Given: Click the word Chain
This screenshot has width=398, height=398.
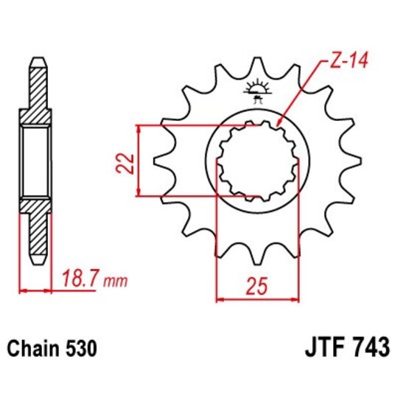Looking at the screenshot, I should point(35,346).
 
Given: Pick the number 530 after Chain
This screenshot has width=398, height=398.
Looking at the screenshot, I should point(81,346).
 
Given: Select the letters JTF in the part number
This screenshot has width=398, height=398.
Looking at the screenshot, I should point(319,346).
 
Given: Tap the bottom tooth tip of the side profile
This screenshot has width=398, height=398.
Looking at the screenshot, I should point(36,260).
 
